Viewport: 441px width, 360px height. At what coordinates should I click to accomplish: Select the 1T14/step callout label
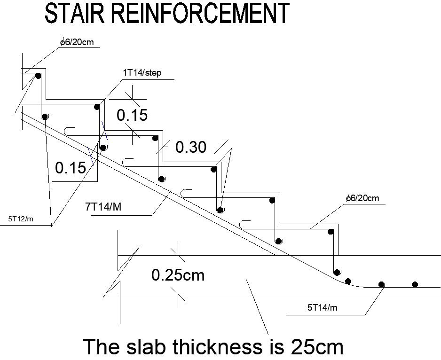click(142, 73)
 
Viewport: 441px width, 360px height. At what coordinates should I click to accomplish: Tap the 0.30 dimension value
click(190, 147)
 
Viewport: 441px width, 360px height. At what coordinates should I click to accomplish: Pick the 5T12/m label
click(21, 219)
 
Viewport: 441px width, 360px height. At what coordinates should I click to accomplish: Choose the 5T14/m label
click(323, 308)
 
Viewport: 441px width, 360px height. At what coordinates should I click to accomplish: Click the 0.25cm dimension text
click(178, 274)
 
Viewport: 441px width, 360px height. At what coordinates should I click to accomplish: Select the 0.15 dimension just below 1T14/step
click(132, 115)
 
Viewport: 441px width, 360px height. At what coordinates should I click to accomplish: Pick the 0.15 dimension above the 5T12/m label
click(71, 167)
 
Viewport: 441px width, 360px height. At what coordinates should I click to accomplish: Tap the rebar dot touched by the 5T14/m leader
click(382, 284)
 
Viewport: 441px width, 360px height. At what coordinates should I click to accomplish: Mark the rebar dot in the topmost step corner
click(38, 76)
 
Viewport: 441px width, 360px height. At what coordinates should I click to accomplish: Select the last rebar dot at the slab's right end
click(415, 284)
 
